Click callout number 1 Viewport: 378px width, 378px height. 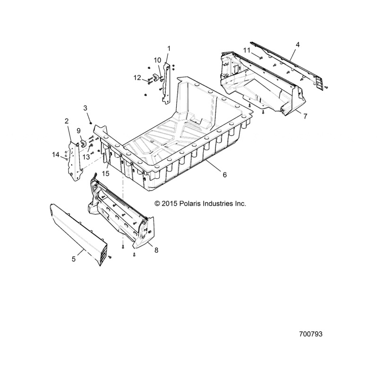pyautogui.click(x=169, y=49)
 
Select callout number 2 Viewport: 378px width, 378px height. pyautogui.click(x=67, y=121)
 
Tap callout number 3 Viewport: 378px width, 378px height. pyautogui.click(x=86, y=108)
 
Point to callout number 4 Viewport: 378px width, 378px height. pyautogui.click(x=298, y=44)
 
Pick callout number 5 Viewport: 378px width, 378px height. pyautogui.click(x=74, y=259)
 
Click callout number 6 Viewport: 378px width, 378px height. pyautogui.click(x=225, y=175)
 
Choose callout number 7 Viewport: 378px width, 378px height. pyautogui.click(x=305, y=116)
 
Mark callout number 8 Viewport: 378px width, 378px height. pyautogui.click(x=156, y=250)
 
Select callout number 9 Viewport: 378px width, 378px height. pyautogui.click(x=78, y=131)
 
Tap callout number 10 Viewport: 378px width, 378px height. pyautogui.click(x=157, y=60)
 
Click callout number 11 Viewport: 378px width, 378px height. pyautogui.click(x=247, y=51)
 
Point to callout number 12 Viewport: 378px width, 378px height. pyautogui.click(x=137, y=77)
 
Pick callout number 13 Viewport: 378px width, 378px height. pyautogui.click(x=86, y=157)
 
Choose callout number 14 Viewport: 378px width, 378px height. pyautogui.click(x=56, y=155)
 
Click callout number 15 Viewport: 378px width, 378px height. pyautogui.click(x=105, y=173)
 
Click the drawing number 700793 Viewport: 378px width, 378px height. pyautogui.click(x=310, y=334)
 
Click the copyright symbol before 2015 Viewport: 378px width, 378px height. pyautogui.click(x=157, y=204)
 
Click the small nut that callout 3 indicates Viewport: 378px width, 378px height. pyautogui.click(x=91, y=123)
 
